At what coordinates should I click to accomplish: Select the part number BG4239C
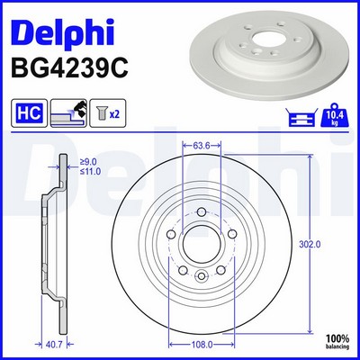69,68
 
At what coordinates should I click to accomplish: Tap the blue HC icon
29,113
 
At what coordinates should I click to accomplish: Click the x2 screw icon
108,113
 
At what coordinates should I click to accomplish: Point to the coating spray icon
68,113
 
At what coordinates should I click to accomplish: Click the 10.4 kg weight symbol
336,114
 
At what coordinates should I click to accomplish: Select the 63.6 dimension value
201,146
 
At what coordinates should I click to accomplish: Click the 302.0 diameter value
310,245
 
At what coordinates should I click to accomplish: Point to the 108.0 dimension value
202,345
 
